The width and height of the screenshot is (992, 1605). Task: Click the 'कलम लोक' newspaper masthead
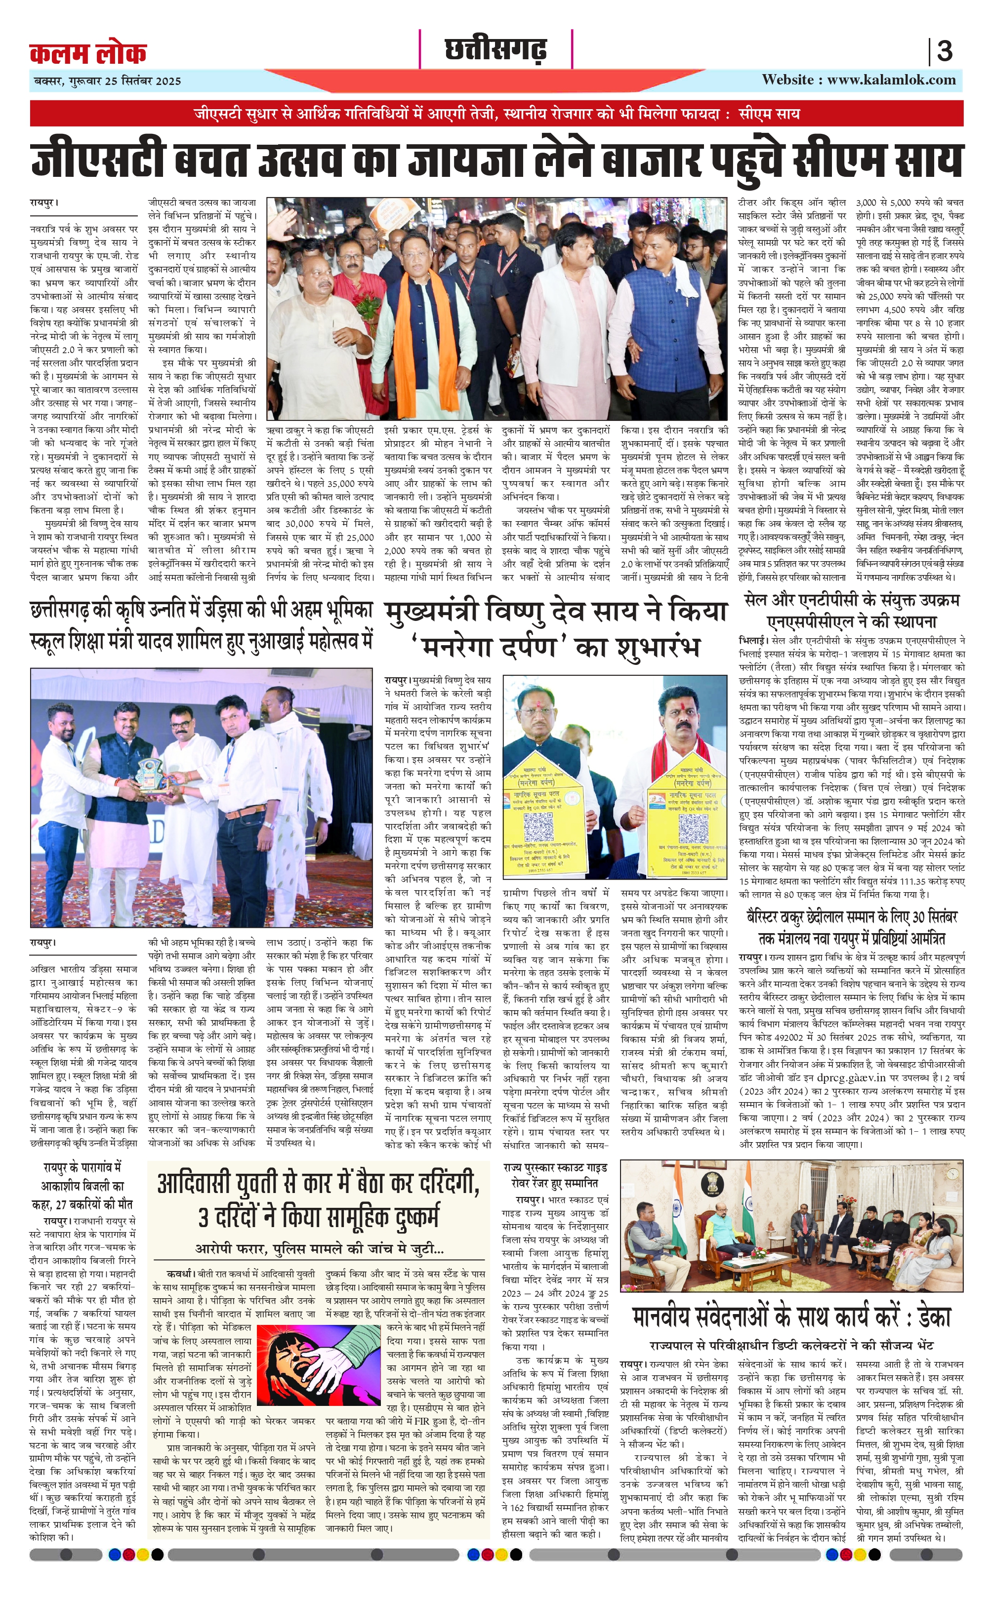pyautogui.click(x=88, y=52)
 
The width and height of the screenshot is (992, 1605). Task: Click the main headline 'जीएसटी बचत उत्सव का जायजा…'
pyautogui.click(x=496, y=160)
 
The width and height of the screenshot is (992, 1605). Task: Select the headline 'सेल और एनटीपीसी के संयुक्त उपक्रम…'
pyautogui.click(x=852, y=610)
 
